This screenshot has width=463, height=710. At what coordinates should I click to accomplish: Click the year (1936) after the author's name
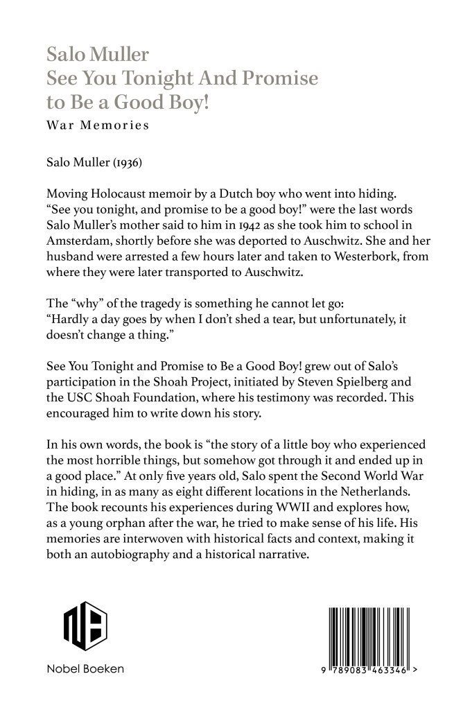(x=128, y=161)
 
